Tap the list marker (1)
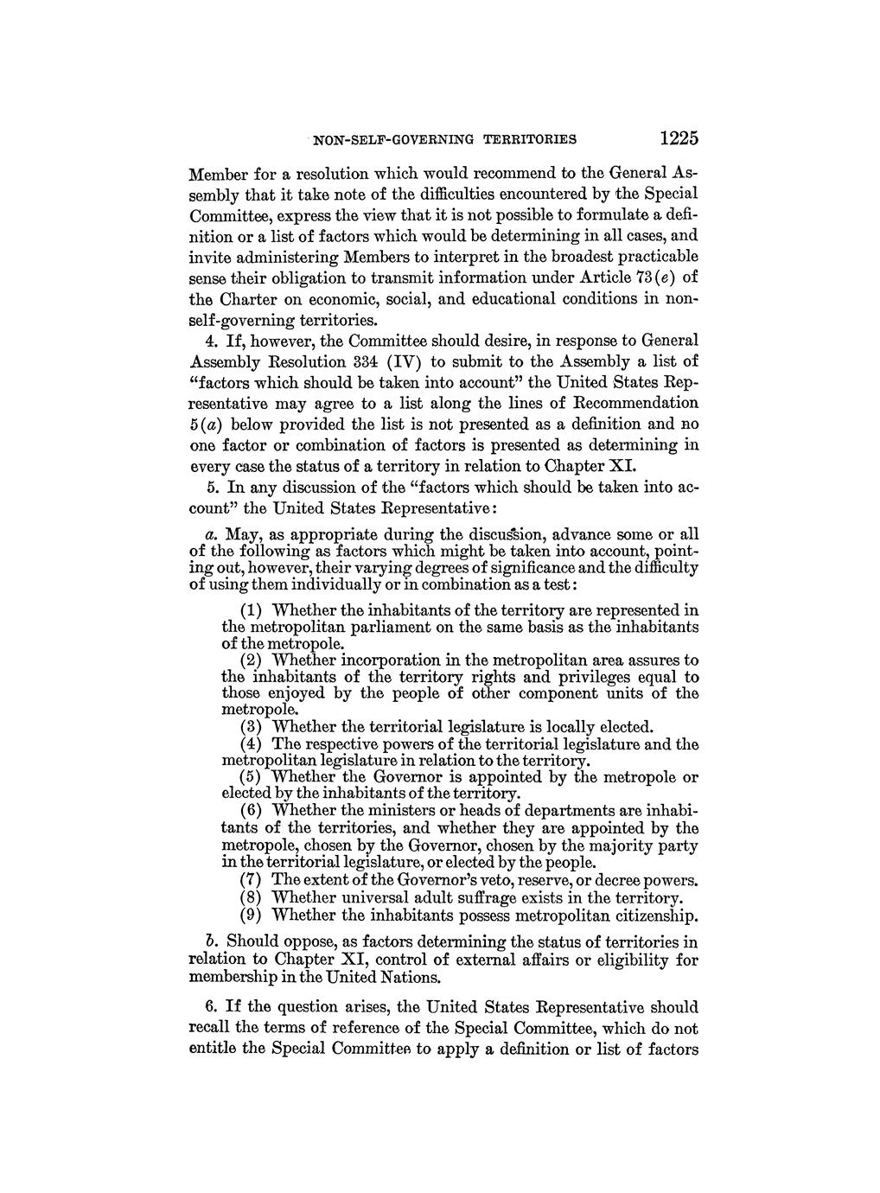coord(251,610)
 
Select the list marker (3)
coord(251,726)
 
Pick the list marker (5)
coord(251,776)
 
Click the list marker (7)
coord(251,880)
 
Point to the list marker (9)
coord(251,914)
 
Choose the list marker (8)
coord(251,897)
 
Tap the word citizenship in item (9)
coord(652,914)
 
